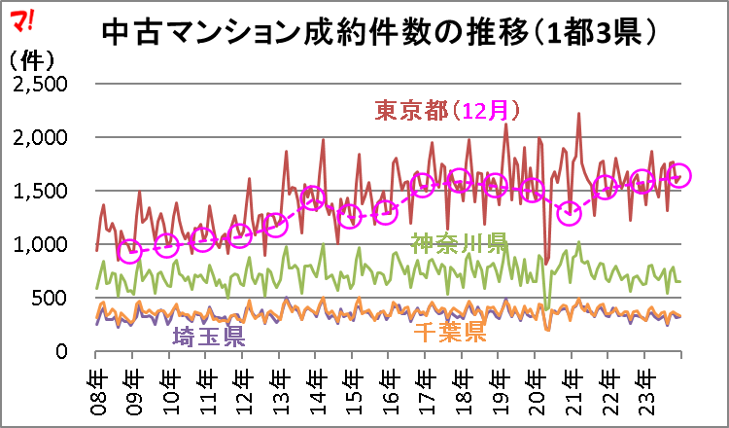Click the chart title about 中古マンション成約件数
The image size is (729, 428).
[379, 33]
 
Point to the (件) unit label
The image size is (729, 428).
[32, 61]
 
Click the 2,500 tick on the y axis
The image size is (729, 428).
[41, 84]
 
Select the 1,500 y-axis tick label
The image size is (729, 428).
[41, 191]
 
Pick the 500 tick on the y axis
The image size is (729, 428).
[51, 298]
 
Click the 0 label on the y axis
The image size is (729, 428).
[62, 351]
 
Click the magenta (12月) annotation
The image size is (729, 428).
[484, 112]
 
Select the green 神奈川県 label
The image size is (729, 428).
[458, 243]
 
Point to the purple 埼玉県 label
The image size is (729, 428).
[209, 337]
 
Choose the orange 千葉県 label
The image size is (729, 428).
[450, 332]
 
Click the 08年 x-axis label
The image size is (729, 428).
[96, 386]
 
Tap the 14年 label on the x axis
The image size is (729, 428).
[316, 386]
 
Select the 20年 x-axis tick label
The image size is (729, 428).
[536, 386]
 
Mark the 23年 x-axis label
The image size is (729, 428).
[644, 386]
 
